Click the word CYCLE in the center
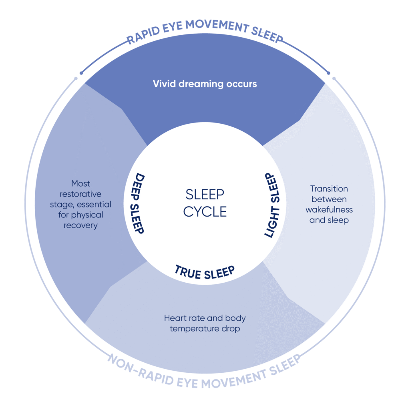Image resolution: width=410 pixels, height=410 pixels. (x=205, y=211)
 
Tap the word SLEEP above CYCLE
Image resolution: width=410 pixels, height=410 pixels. (x=205, y=195)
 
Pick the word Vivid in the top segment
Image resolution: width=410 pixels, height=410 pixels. (x=163, y=84)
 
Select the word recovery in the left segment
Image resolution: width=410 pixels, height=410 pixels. (x=80, y=225)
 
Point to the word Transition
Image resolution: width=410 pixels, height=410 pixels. (x=329, y=189)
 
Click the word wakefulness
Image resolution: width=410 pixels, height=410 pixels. (x=329, y=209)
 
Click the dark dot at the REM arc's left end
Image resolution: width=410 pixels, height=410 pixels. (x=81, y=73)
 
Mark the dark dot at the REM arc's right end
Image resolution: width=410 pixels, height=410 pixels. (x=329, y=73)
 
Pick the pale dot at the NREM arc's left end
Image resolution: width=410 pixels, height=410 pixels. (x=76, y=78)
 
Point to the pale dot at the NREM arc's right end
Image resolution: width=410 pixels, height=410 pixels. (x=334, y=78)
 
